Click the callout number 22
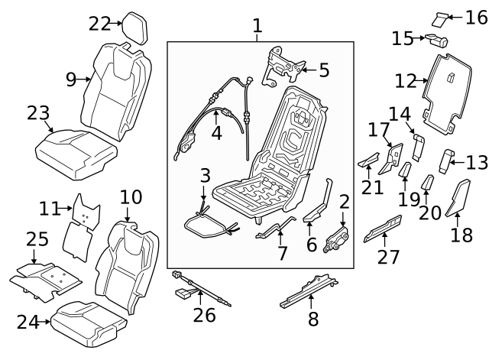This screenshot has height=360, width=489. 99,24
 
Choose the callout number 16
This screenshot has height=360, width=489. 476,17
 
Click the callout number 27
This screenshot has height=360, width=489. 388,257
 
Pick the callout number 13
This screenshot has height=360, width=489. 476,161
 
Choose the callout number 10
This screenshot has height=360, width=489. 131,197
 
